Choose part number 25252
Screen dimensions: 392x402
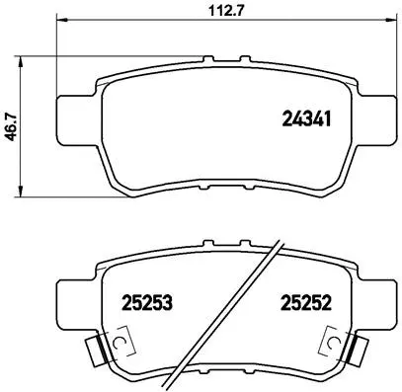pos(304,300)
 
